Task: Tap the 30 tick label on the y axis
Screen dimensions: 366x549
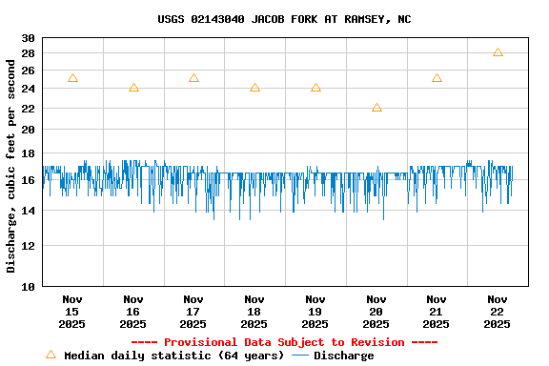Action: tap(28, 38)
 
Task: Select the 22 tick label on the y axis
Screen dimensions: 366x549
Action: tap(28, 129)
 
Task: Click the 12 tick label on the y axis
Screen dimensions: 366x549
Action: tap(28, 246)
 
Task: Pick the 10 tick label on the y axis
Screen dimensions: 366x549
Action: tap(28, 286)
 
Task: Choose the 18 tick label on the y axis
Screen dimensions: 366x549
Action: tap(28, 153)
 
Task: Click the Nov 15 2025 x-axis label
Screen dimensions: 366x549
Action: tap(72, 311)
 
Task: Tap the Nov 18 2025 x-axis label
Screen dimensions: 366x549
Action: tap(254, 311)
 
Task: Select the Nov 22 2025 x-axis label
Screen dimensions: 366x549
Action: tap(498, 311)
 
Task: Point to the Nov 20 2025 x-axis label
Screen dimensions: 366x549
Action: tap(376, 311)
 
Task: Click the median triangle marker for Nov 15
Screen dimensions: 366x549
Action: tap(72, 78)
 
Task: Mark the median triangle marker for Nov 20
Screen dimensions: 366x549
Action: tap(376, 108)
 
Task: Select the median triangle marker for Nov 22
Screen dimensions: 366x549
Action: tap(498, 52)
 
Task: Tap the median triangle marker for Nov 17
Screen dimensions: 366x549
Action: tap(193, 78)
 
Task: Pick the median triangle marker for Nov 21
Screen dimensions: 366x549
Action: tap(437, 78)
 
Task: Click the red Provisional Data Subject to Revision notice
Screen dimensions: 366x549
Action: tap(284, 342)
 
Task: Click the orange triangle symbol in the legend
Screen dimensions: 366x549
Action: tap(51, 355)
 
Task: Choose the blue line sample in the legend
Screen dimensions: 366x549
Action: tap(300, 356)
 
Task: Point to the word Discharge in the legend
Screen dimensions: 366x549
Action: tap(344, 356)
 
